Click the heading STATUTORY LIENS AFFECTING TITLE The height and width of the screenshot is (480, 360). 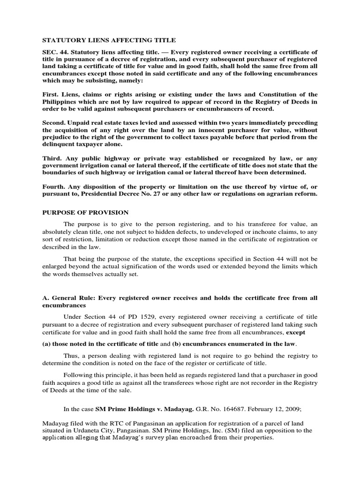click(x=103, y=41)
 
